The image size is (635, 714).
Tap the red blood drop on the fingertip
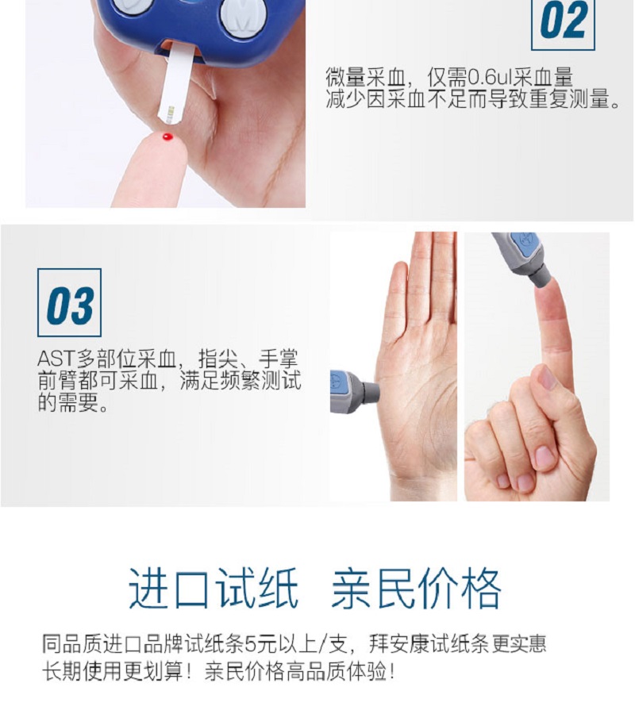(x=167, y=136)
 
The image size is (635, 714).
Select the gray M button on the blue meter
(x=243, y=17)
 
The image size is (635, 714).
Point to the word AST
(x=56, y=359)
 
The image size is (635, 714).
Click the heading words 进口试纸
(x=214, y=589)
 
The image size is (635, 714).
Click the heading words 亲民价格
(x=417, y=589)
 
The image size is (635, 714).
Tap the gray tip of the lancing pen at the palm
(x=370, y=392)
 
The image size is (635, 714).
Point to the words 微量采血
(x=365, y=78)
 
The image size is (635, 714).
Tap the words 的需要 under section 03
(x=68, y=402)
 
